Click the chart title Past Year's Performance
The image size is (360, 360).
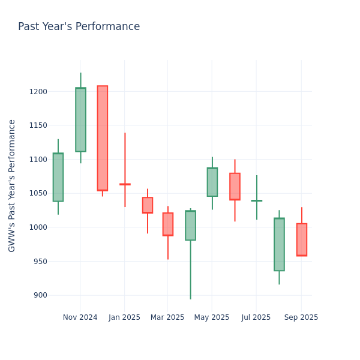79,27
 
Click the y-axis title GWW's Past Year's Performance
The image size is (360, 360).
12,185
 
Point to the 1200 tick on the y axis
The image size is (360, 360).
40,92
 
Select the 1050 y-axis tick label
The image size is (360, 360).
40,193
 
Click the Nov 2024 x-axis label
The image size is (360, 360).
80,317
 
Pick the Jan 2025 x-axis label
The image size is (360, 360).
124,317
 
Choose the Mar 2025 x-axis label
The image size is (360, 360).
167,317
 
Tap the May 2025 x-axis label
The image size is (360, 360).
212,317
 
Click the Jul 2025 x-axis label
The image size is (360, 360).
256,317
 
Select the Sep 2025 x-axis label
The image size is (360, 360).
301,317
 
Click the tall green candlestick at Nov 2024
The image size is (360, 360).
80,119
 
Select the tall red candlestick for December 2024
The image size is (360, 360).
103,138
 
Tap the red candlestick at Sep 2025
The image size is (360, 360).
302,239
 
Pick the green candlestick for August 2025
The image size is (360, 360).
279,244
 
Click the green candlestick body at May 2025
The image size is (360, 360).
212,182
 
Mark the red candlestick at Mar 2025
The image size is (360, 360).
168,224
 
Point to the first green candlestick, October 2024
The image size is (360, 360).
58,177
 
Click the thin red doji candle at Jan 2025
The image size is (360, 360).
125,184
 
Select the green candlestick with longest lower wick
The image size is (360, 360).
190,226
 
